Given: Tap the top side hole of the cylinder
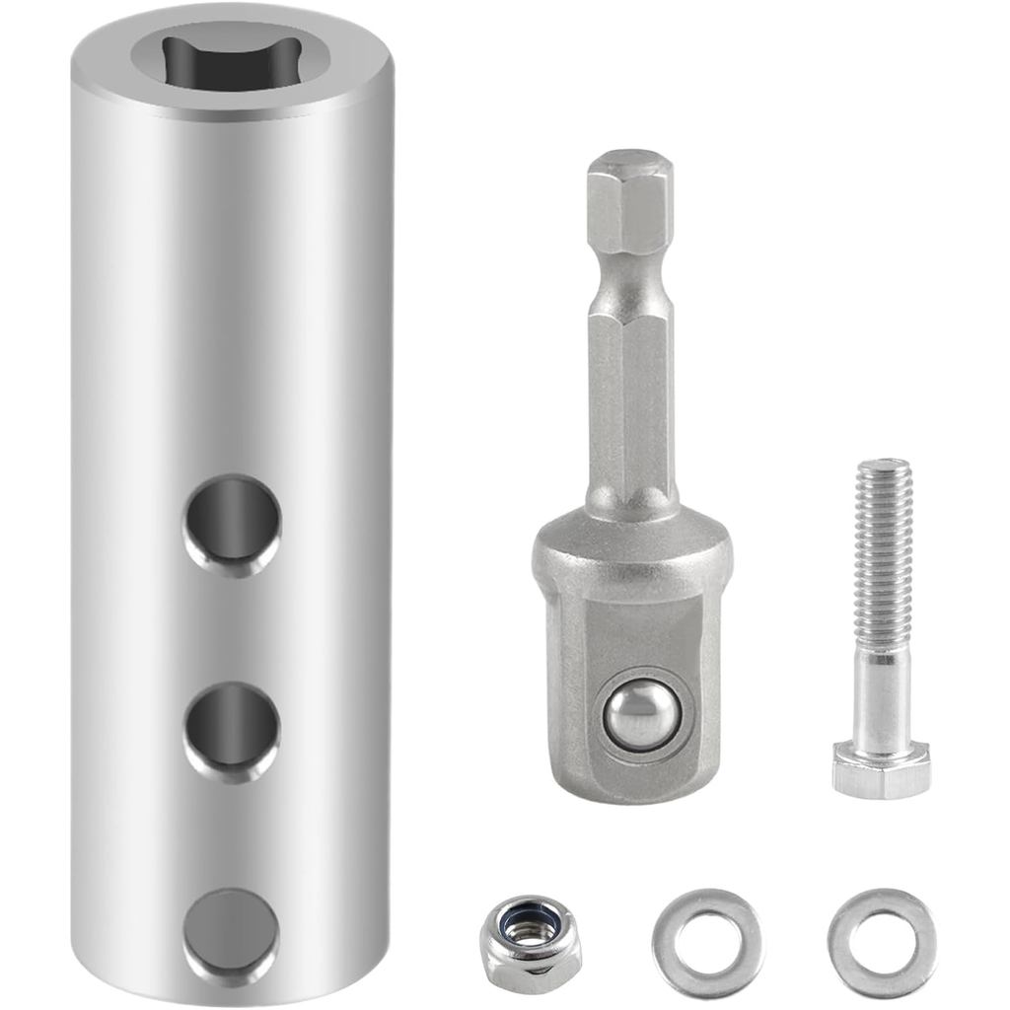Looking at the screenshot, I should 233,524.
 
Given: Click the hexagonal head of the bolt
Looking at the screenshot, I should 881,770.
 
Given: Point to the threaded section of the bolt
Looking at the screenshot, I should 883,552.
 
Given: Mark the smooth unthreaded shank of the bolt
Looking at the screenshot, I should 882,695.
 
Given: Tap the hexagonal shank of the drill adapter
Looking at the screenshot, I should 630,395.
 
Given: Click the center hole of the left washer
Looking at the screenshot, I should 706,942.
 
